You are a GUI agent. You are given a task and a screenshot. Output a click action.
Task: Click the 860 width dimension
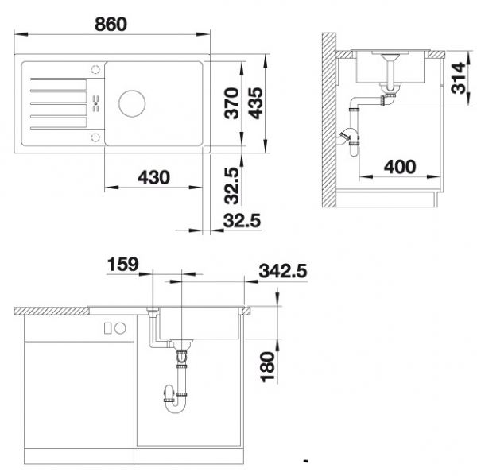click(x=111, y=25)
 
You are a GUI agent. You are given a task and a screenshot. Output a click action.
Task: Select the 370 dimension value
click(x=231, y=103)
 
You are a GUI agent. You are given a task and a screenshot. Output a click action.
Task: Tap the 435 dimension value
click(x=255, y=103)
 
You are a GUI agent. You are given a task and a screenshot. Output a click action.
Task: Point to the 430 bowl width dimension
click(x=153, y=177)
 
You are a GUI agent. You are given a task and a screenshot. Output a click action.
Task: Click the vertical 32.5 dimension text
click(x=232, y=185)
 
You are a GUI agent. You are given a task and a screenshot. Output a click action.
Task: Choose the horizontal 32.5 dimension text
click(x=242, y=220)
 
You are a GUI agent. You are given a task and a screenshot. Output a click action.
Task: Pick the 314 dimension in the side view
click(x=459, y=78)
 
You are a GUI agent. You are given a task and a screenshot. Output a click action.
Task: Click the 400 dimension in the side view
click(x=400, y=167)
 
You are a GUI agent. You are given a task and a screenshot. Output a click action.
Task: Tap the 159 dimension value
click(x=123, y=264)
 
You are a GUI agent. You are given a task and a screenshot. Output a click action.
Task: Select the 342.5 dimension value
click(x=283, y=271)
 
